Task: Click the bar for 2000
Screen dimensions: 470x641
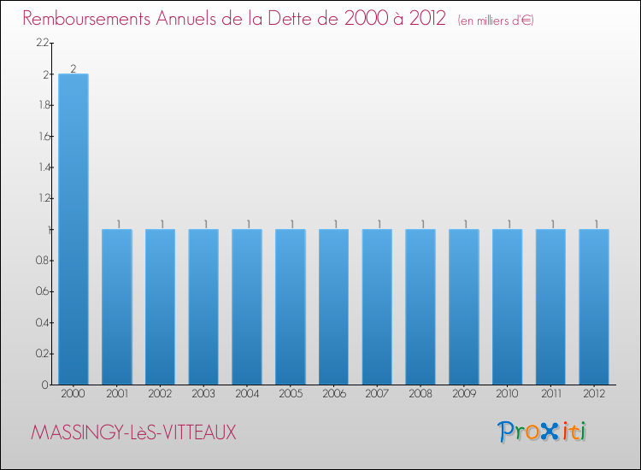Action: click(x=73, y=229)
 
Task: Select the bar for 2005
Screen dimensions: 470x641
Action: click(x=290, y=307)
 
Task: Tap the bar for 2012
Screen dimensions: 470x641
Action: click(x=594, y=307)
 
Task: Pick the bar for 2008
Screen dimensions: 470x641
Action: click(x=420, y=307)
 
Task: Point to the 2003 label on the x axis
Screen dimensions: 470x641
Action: click(x=203, y=395)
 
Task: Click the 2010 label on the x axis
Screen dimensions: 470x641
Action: click(x=507, y=395)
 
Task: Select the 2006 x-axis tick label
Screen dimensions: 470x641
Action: click(x=333, y=395)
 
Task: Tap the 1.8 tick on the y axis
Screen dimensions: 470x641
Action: click(x=44, y=105)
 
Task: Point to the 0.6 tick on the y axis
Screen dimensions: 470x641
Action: click(x=44, y=291)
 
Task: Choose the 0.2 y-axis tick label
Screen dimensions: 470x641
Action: click(x=44, y=353)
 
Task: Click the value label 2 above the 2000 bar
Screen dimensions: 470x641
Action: click(x=74, y=68)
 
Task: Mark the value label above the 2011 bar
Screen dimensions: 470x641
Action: click(x=551, y=224)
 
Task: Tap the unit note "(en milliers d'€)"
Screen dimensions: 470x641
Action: click(x=496, y=21)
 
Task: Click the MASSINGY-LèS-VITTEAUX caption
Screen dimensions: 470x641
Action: click(x=133, y=433)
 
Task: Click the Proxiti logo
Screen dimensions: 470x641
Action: click(x=542, y=432)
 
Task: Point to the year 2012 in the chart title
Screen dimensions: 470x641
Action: click(x=426, y=19)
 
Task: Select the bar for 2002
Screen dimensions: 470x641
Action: click(x=160, y=307)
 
